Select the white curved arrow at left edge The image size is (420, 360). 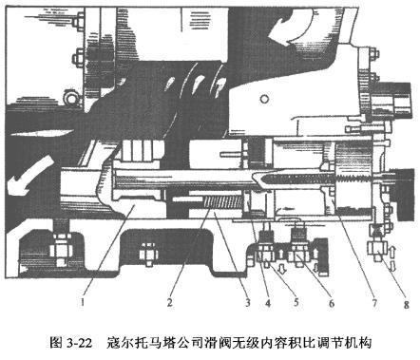[x=21, y=171]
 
